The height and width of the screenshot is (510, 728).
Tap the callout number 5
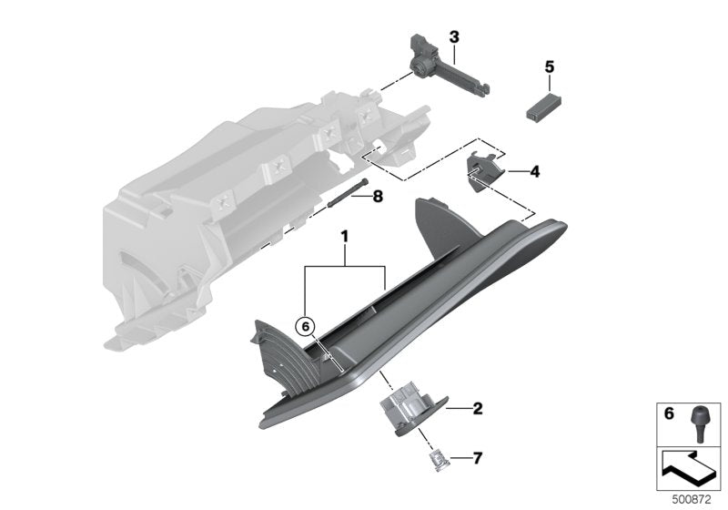pyautogui.click(x=549, y=66)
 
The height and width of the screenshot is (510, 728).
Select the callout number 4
pyautogui.click(x=534, y=170)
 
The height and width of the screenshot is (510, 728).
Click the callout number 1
pyautogui.click(x=344, y=235)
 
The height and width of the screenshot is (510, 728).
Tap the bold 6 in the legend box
pyautogui.click(x=669, y=414)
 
